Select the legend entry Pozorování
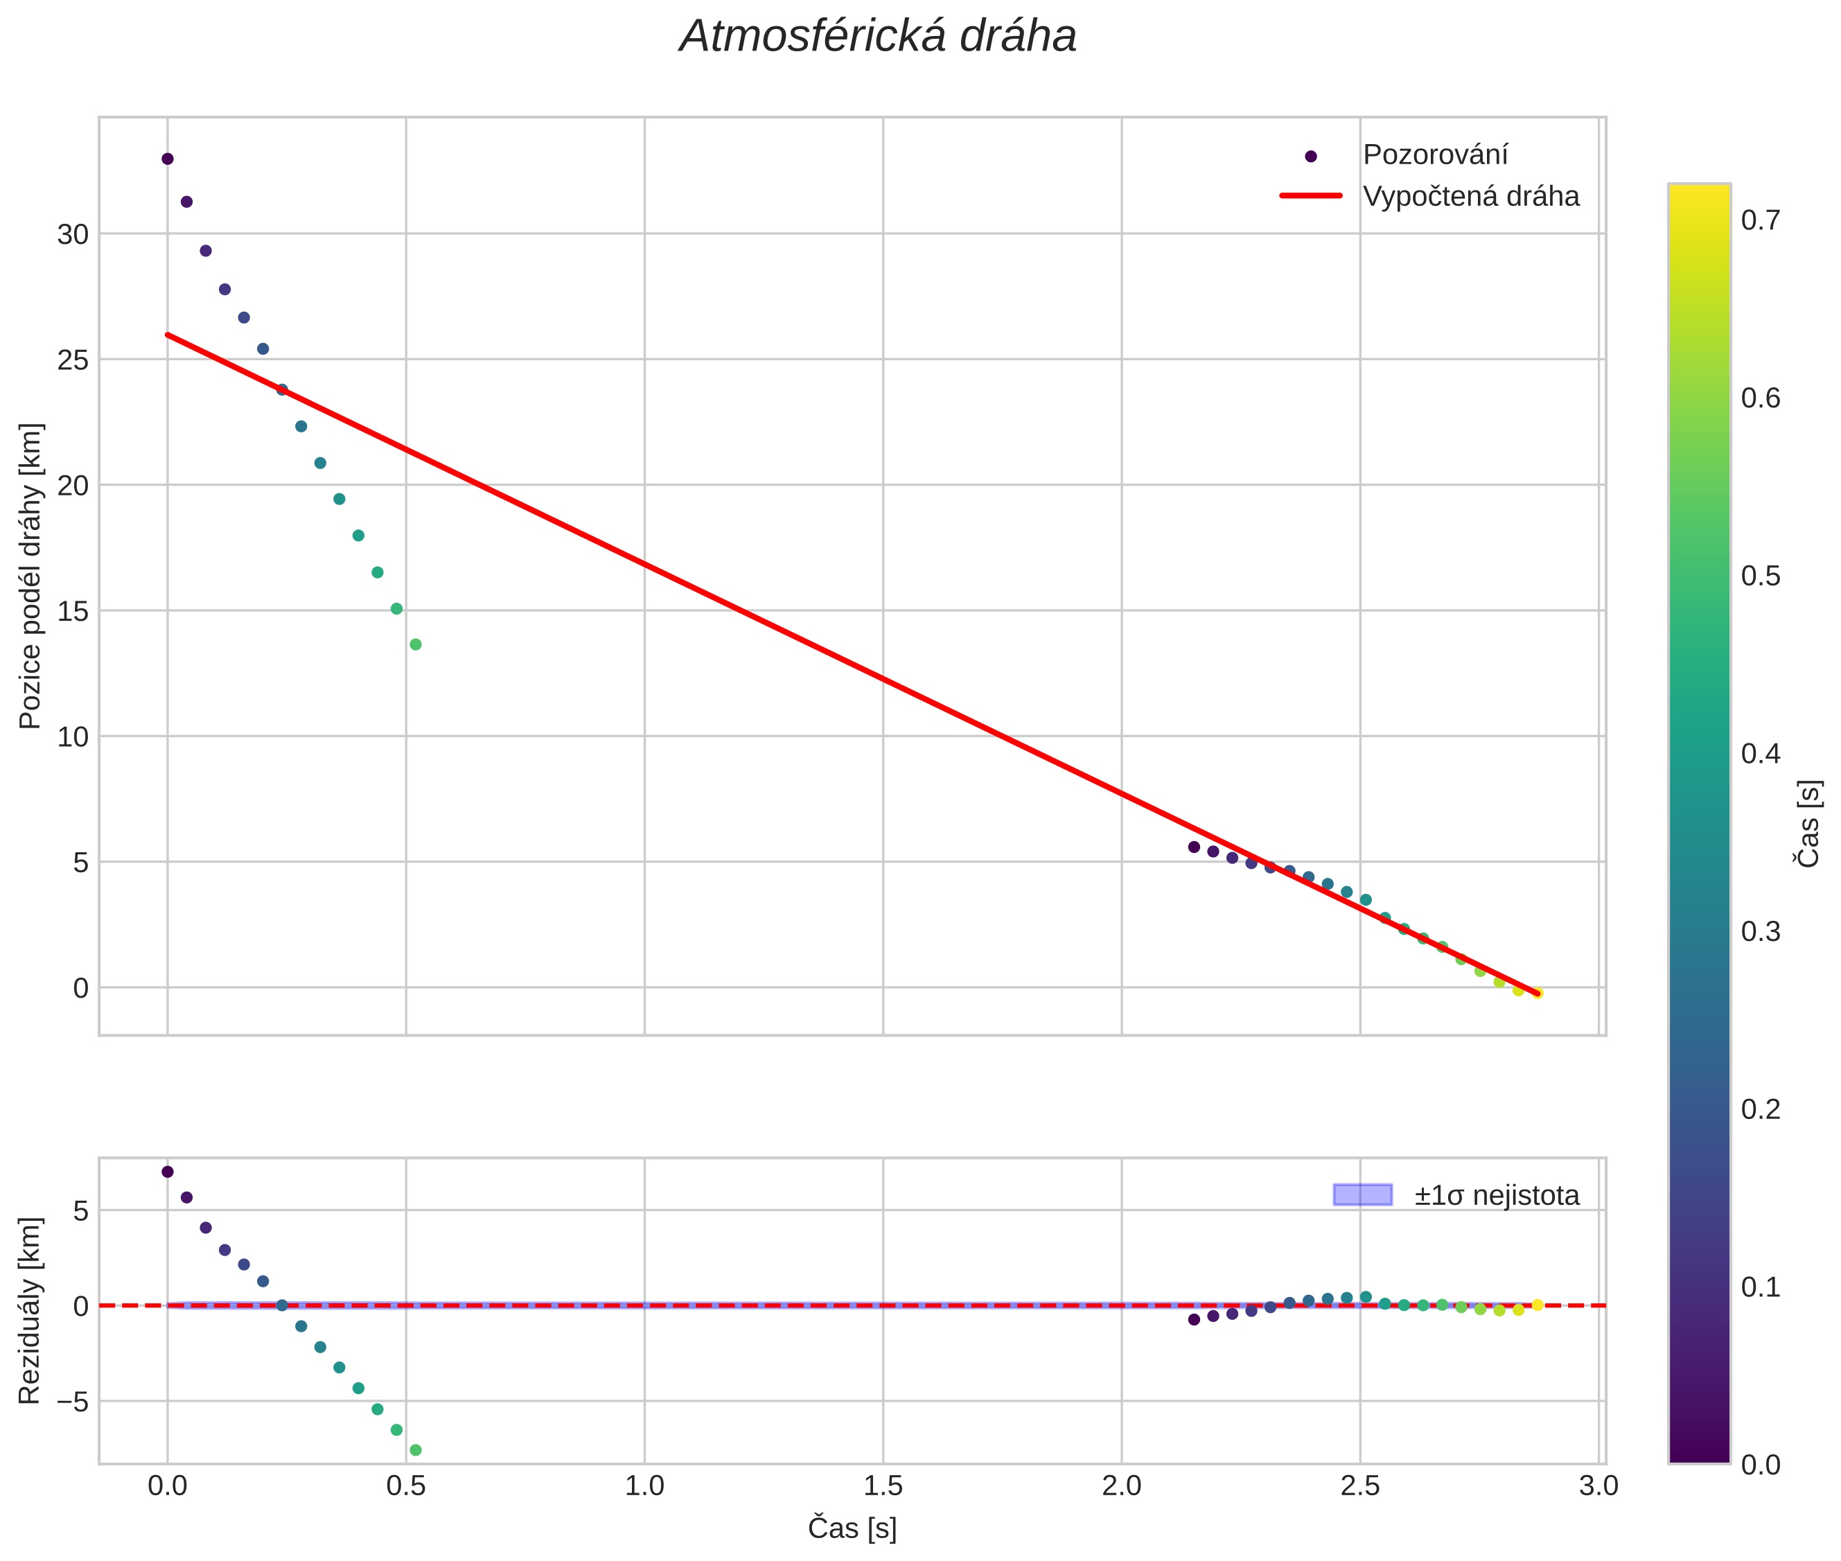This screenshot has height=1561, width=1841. point(1434,155)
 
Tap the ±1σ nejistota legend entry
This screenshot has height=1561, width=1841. point(1496,1196)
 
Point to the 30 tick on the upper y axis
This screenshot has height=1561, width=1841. point(73,234)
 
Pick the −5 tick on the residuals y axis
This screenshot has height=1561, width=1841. point(68,1402)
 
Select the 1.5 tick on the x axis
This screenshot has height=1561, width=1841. point(883,1485)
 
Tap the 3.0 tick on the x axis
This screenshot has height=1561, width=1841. point(1598,1485)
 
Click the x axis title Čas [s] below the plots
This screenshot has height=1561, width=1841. point(852,1528)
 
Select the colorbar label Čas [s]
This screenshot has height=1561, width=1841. point(1809,823)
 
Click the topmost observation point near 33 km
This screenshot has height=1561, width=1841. point(167,159)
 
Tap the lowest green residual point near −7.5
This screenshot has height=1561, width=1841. point(415,1450)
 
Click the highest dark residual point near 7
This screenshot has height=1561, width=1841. point(167,1172)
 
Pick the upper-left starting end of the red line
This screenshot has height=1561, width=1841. point(167,335)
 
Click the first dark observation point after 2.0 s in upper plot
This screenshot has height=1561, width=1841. point(1193,847)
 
